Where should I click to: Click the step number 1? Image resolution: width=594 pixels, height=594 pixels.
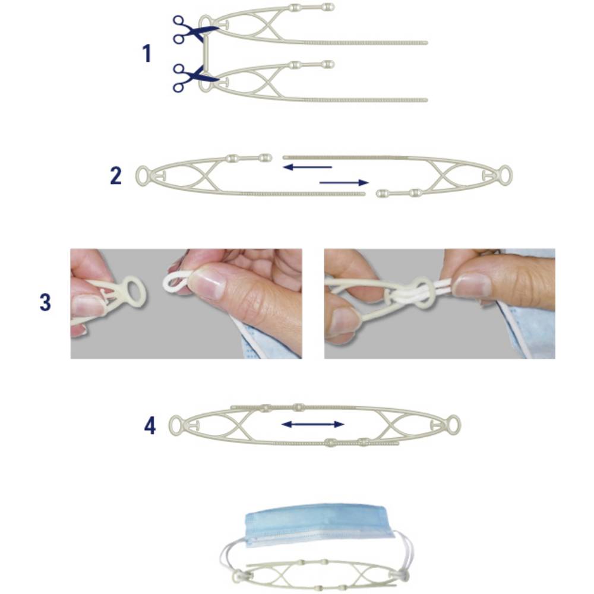coord(147,53)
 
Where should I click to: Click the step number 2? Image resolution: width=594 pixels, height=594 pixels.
coord(116,176)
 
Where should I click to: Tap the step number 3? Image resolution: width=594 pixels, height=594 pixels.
coord(45,302)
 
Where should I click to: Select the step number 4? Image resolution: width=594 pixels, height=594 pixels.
coord(150,426)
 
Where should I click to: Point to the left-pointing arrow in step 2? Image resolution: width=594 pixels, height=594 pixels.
coord(307,167)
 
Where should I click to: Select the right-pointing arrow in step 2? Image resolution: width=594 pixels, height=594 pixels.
coord(344,182)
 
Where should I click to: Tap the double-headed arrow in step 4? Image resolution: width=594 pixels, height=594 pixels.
coord(313,424)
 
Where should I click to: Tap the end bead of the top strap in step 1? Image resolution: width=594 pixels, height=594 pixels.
coord(328,7)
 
